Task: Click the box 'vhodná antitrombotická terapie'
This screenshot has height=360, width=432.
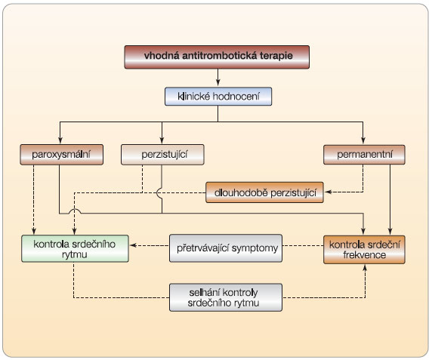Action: (217, 57)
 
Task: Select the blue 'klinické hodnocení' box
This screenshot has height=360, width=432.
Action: (218, 97)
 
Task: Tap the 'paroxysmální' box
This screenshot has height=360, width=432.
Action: (62, 155)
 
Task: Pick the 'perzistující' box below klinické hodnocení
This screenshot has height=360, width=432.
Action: (162, 155)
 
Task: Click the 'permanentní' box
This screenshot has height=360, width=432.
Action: (364, 155)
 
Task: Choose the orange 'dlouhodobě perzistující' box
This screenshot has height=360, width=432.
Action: (264, 192)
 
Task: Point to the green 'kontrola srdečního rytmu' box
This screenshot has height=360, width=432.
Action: (75, 248)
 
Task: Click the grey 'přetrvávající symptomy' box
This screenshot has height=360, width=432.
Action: (226, 248)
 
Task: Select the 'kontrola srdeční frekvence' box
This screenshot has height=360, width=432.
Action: (364, 250)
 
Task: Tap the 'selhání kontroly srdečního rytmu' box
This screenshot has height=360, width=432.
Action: (226, 297)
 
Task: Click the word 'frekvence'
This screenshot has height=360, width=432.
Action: (364, 255)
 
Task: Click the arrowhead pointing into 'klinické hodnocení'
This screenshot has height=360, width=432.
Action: (218, 82)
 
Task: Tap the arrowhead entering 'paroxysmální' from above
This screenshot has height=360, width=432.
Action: (60, 140)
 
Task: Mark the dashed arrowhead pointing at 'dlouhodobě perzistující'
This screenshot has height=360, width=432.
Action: (328, 192)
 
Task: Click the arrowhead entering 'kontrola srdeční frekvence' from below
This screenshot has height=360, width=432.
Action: (365, 268)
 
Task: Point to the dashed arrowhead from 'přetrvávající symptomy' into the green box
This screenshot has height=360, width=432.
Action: (134, 245)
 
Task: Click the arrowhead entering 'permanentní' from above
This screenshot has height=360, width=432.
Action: (363, 140)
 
